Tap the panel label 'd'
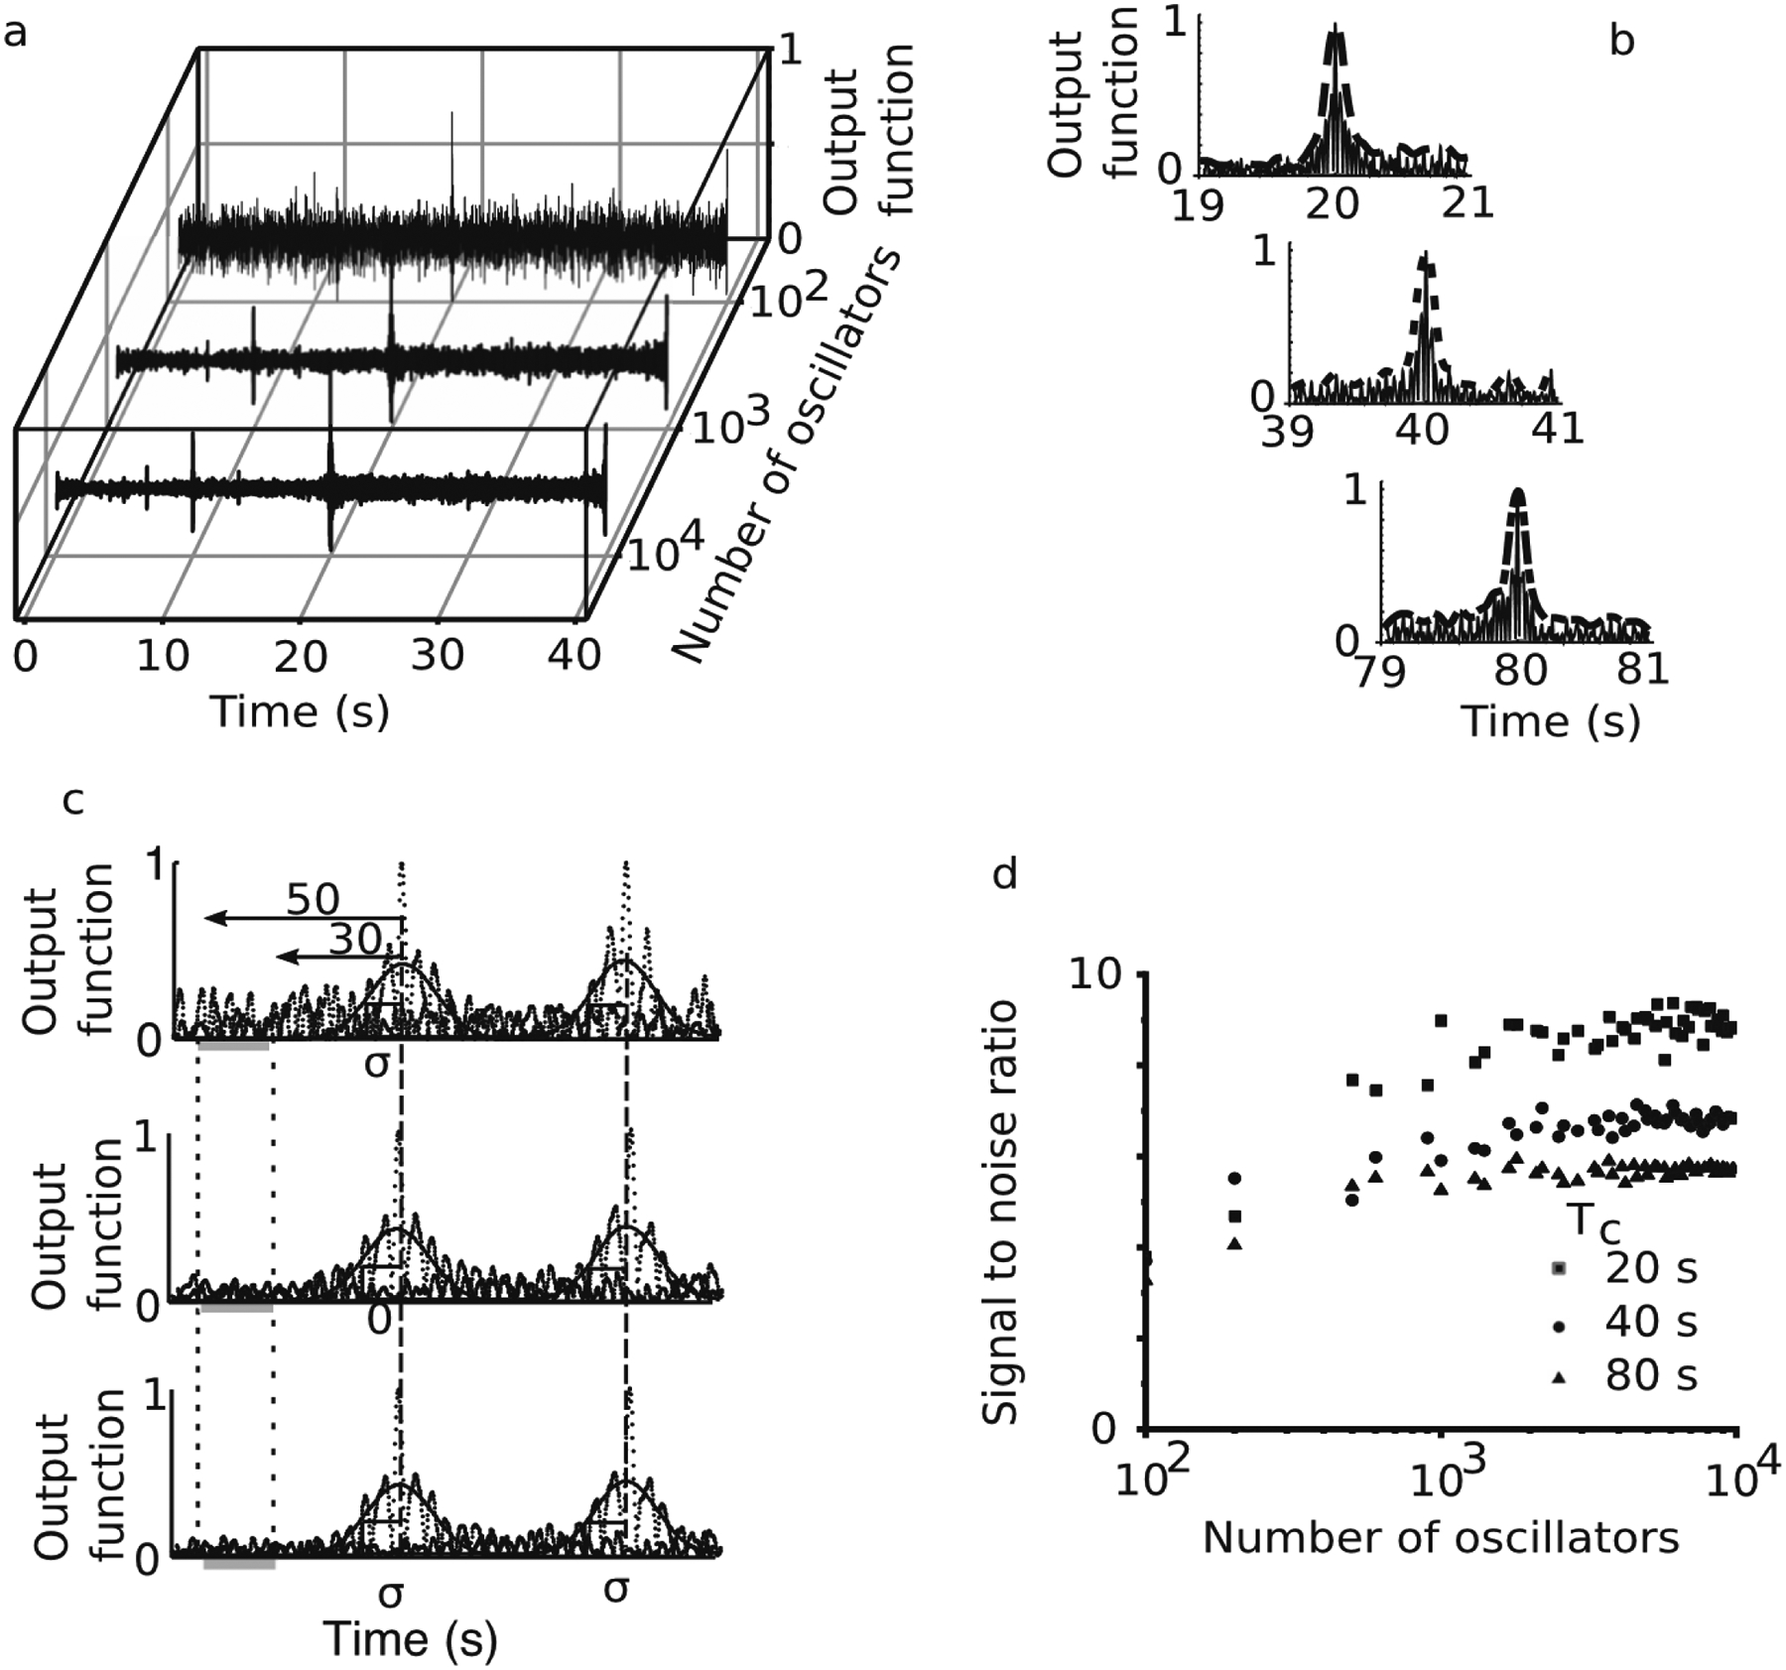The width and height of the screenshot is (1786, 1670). [x=1005, y=875]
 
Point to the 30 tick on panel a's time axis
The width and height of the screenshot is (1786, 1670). [x=438, y=656]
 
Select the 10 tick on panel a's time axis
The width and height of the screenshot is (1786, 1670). [x=163, y=656]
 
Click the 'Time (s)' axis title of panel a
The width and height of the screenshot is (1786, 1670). [x=300, y=710]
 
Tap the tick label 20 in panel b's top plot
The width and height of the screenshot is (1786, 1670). [x=1332, y=204]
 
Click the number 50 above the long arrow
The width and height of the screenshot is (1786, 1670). [x=314, y=899]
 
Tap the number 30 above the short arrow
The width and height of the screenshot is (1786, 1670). [x=354, y=939]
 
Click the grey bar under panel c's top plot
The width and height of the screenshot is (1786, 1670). [x=233, y=1045]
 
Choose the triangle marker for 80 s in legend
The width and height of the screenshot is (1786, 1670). [x=1559, y=1377]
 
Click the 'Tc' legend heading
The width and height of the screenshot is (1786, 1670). [x=1594, y=1220]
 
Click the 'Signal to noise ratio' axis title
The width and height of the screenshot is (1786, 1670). [x=1002, y=1212]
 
